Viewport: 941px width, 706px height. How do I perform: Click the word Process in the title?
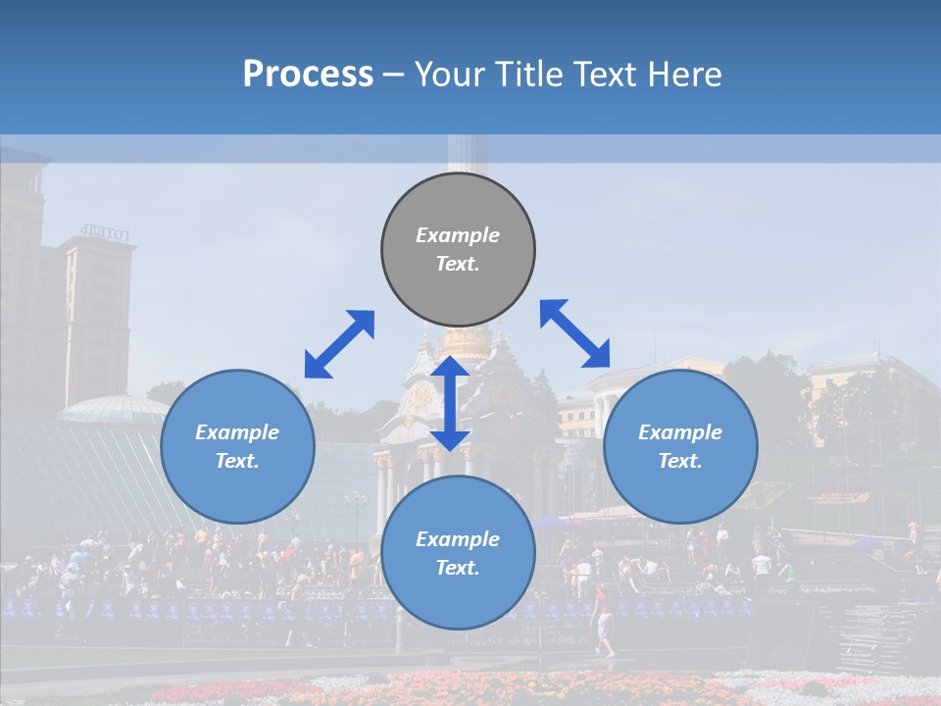coord(308,75)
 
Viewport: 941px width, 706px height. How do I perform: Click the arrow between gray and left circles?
coord(339,344)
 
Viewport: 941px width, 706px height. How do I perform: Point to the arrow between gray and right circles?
coord(575,333)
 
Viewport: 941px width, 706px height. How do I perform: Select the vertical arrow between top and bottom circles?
coord(450,403)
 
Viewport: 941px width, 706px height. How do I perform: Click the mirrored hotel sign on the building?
coord(105,232)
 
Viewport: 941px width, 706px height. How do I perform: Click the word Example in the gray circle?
coord(458,235)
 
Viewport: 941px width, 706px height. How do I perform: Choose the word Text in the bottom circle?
coord(458,568)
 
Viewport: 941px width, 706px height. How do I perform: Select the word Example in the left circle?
coord(237,432)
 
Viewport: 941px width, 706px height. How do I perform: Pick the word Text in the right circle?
coord(680,461)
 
